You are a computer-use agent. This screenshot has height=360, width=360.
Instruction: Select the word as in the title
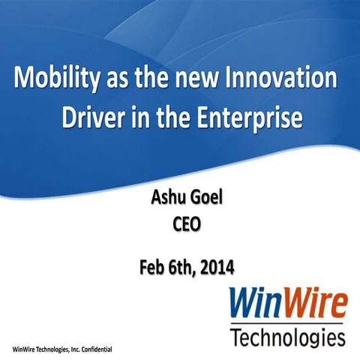tap(124, 79)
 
